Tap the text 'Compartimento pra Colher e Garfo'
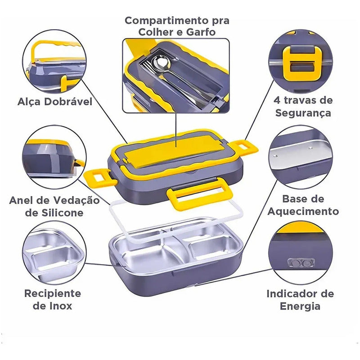tap(177, 26)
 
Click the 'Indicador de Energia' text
tap(300, 300)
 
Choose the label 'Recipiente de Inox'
tap(53, 300)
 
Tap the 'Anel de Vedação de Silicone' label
tap(54, 206)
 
